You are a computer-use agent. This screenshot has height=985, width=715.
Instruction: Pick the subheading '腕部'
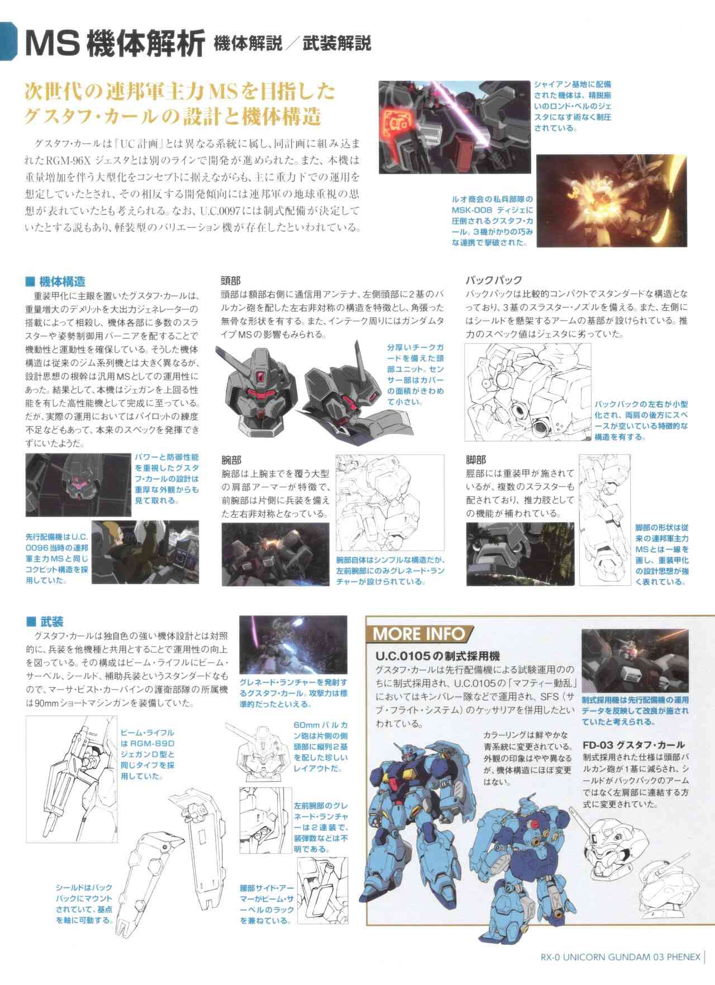(231, 460)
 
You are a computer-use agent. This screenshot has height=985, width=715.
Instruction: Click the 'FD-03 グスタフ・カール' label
(633, 745)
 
